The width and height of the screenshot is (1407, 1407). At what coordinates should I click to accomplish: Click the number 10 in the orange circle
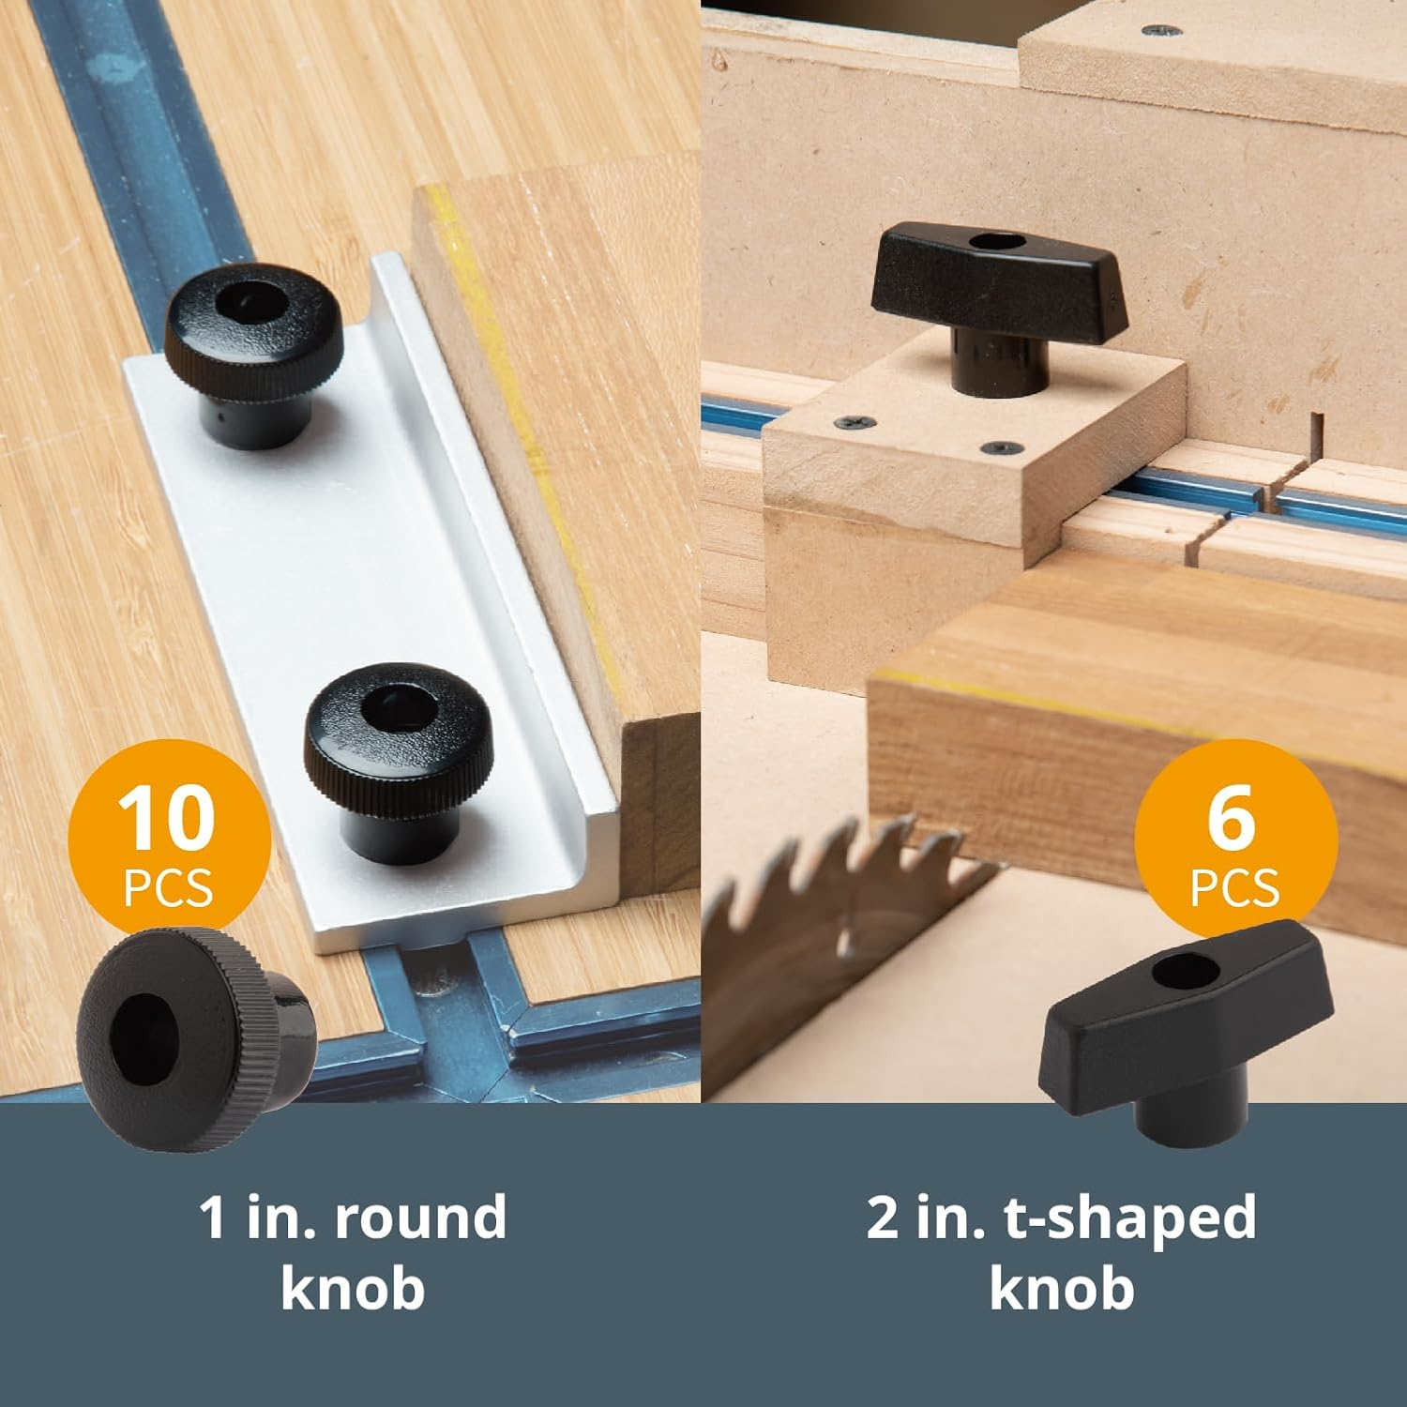point(167,819)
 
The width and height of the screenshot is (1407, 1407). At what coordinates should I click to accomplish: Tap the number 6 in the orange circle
point(1231,818)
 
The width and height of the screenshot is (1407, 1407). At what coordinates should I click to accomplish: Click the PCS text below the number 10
point(168,887)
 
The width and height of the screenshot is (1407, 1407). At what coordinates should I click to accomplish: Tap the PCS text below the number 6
point(1234,887)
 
